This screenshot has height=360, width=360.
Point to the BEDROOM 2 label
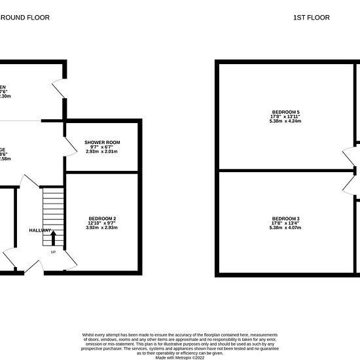tap(102, 218)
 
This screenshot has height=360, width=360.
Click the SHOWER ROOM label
tap(102, 142)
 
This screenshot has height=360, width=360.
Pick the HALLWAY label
tap(41, 230)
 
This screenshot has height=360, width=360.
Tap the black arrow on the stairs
tap(54, 238)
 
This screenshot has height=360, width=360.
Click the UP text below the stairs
tap(53, 252)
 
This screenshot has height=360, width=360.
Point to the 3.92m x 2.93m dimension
tap(102, 228)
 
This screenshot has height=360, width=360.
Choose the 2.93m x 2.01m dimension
tap(102, 151)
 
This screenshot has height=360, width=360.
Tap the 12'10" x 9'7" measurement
tap(102, 223)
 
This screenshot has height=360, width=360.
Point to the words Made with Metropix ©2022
tap(179, 357)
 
